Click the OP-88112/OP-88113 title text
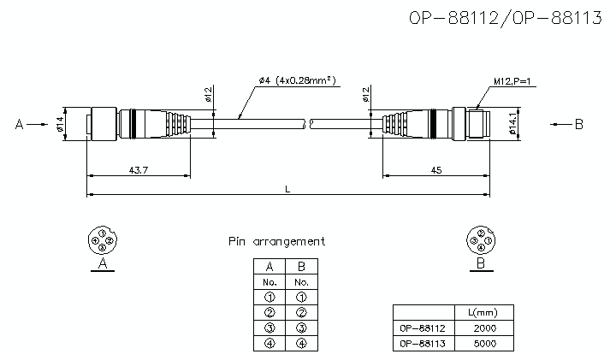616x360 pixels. [x=506, y=18]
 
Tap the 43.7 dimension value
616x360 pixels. [x=139, y=170]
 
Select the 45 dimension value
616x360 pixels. [x=436, y=170]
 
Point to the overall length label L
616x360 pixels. [x=287, y=190]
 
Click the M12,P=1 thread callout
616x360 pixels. [x=512, y=81]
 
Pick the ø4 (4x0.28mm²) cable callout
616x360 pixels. [x=298, y=80]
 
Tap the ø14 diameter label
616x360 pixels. [x=60, y=124]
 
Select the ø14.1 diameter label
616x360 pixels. [x=512, y=124]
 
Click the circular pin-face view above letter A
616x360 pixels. [x=103, y=239]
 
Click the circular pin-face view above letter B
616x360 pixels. [x=481, y=240]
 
